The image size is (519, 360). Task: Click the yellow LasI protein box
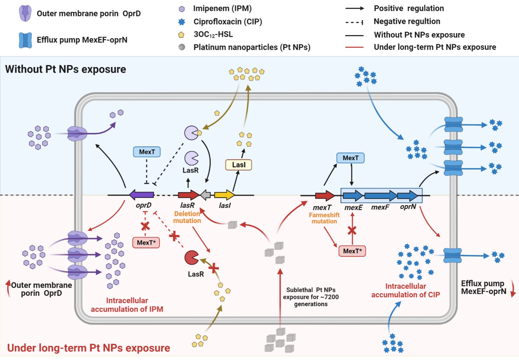pyautogui.click(x=239, y=165)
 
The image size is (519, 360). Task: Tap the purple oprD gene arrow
pyautogui.click(x=142, y=195)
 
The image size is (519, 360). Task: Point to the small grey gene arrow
pyautogui.click(x=206, y=195)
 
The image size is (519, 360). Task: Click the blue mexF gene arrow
pyautogui.click(x=380, y=196)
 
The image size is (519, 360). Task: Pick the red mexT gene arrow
pyautogui.click(x=325, y=196)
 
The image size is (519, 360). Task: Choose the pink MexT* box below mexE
pyautogui.click(x=352, y=251)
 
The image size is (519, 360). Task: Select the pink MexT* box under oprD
pyautogui.click(x=146, y=242)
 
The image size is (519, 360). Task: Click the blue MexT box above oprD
pyautogui.click(x=147, y=152)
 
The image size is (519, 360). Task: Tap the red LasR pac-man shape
pyautogui.click(x=191, y=258)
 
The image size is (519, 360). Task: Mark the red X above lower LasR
pyautogui.click(x=214, y=268)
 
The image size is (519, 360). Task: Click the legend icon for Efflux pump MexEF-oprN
pyautogui.click(x=25, y=40)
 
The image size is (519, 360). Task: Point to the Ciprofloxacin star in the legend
pyautogui.click(x=182, y=22)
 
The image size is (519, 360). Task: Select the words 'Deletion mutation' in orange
pyautogui.click(x=187, y=217)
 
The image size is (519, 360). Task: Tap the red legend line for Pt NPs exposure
pyautogui.click(x=354, y=47)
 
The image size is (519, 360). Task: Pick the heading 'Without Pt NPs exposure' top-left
pyautogui.click(x=66, y=69)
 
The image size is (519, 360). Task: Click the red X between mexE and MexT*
pyautogui.click(x=352, y=230)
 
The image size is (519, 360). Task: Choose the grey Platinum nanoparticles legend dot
pyautogui.click(x=182, y=47)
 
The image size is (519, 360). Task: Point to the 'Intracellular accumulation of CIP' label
pyautogui.click(x=405, y=291)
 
